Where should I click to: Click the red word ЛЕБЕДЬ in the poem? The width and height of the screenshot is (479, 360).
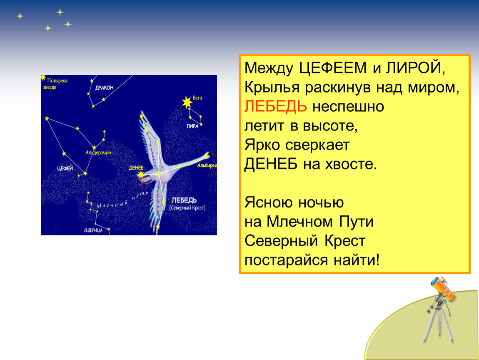coord(276,106)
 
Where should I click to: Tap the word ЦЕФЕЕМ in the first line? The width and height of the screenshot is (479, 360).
coord(333,68)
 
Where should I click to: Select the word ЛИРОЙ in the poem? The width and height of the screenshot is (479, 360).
coord(414,68)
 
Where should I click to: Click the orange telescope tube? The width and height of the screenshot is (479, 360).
coord(443,289)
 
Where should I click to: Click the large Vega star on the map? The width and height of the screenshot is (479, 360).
coord(187,102)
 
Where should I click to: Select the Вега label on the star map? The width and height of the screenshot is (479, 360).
coord(197,98)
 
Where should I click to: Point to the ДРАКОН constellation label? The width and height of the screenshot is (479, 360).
coord(104,87)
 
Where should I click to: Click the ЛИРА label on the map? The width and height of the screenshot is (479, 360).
coord(192,126)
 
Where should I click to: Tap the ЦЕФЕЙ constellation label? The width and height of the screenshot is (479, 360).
coord(65,168)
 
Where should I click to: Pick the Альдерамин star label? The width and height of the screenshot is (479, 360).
coord(98,152)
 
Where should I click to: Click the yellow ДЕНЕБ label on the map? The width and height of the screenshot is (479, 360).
coord(136,168)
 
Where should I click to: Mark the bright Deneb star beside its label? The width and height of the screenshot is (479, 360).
coord(140,175)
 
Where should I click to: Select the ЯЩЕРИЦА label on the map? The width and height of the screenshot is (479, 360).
coord(93,230)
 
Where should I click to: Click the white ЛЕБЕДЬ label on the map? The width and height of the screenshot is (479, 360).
coord(184,200)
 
